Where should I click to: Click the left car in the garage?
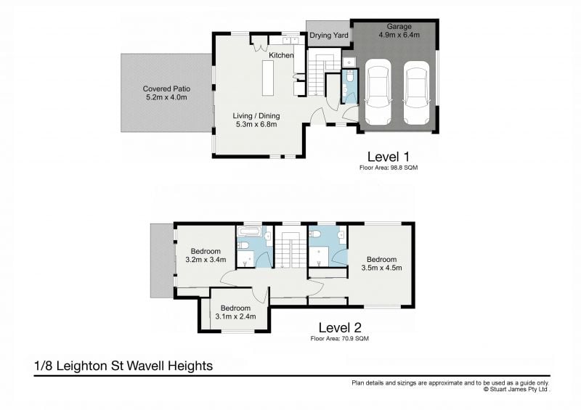pyautogui.click(x=378, y=92)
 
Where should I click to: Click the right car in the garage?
pyautogui.click(x=416, y=93)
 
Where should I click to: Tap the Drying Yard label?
pyautogui.click(x=329, y=36)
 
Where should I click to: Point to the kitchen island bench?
pyautogui.click(x=268, y=78)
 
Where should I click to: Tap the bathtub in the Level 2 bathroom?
pyautogui.click(x=249, y=232)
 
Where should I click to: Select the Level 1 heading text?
pyautogui.click(x=389, y=157)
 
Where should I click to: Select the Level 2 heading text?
pyautogui.click(x=340, y=327)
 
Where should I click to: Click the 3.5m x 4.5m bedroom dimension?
pyautogui.click(x=382, y=268)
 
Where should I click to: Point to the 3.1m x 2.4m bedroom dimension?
pyautogui.click(x=235, y=316)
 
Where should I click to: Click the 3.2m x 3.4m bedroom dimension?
pyautogui.click(x=206, y=260)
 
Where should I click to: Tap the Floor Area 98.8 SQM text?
pyautogui.click(x=389, y=168)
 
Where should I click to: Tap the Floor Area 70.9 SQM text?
pyautogui.click(x=340, y=338)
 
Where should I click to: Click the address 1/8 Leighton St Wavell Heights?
pyautogui.click(x=123, y=366)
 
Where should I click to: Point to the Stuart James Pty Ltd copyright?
pyautogui.click(x=516, y=389)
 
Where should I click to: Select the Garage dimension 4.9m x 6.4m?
pyautogui.click(x=399, y=35)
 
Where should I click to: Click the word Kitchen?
pyautogui.click(x=281, y=55)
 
